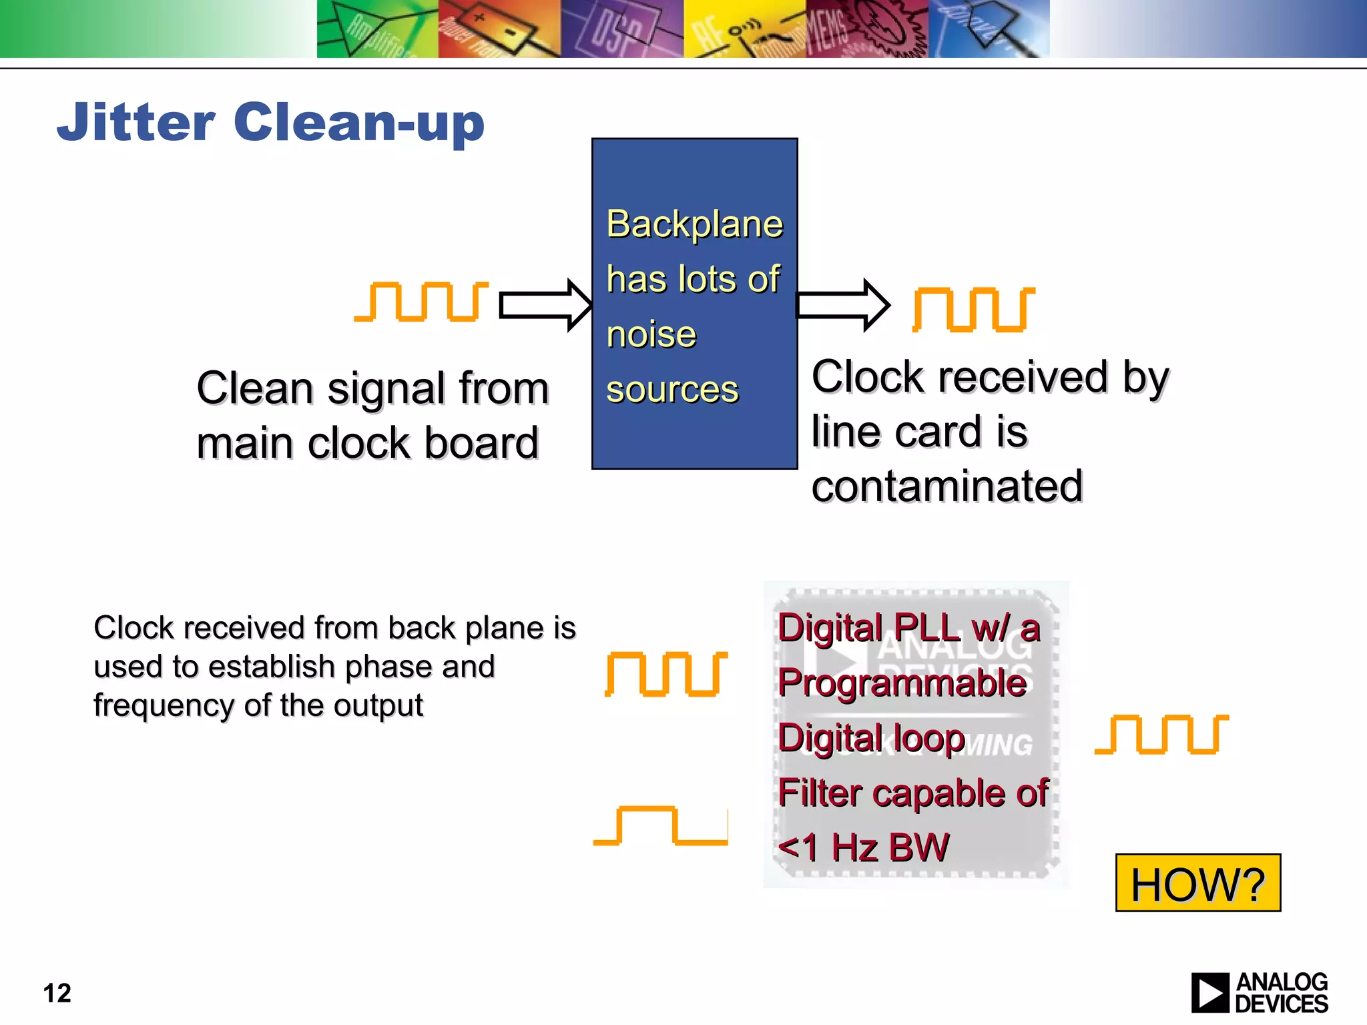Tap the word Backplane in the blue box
(x=694, y=224)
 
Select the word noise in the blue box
(x=651, y=334)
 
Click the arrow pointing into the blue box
(x=545, y=305)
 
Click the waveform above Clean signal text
(x=421, y=302)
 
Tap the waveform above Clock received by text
(x=973, y=309)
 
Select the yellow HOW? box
(x=1197, y=883)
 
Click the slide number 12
(x=57, y=993)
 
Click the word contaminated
(x=946, y=486)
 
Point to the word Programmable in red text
(x=902, y=683)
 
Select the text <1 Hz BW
(x=863, y=848)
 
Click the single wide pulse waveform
(x=660, y=825)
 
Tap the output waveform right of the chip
(x=1161, y=734)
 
